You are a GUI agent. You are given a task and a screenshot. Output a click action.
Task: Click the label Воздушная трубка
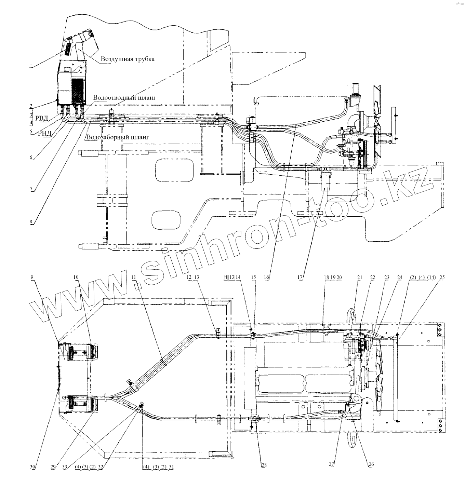[x=127, y=59]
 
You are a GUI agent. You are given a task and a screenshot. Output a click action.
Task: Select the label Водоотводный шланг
[x=125, y=97]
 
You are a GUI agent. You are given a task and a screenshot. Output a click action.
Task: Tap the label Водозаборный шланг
[x=118, y=137]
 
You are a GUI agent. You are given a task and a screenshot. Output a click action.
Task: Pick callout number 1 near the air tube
[x=31, y=64]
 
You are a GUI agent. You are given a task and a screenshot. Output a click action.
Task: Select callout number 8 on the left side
[x=31, y=221]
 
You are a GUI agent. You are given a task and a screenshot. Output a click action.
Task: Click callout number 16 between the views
[x=267, y=277]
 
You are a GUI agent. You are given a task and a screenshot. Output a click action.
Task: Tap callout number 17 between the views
[x=300, y=277]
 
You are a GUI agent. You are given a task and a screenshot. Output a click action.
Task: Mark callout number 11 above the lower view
[x=133, y=277]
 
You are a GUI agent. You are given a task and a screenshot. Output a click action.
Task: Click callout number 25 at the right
[x=442, y=277]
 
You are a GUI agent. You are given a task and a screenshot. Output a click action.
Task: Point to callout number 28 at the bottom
[x=264, y=465]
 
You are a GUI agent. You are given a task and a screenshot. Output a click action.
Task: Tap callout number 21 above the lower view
[x=359, y=277]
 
